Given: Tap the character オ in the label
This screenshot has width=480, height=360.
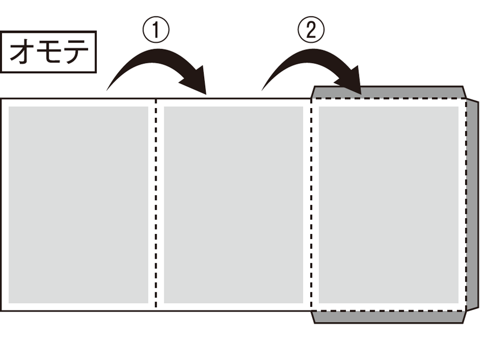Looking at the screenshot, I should tap(22, 52).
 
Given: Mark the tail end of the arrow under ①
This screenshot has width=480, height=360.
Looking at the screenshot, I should tap(108, 89).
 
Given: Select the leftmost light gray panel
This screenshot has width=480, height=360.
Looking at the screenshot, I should tap(78, 205).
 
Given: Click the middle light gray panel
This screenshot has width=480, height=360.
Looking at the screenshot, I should tap(233, 205).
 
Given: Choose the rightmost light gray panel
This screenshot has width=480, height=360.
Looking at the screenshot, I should tap(388, 205).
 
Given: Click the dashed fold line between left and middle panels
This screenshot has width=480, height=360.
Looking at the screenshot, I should tap(156, 205).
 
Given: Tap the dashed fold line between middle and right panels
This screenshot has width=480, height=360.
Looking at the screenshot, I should tap(311, 205).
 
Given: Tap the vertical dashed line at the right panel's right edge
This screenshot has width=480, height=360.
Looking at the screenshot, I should tap(466, 205).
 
